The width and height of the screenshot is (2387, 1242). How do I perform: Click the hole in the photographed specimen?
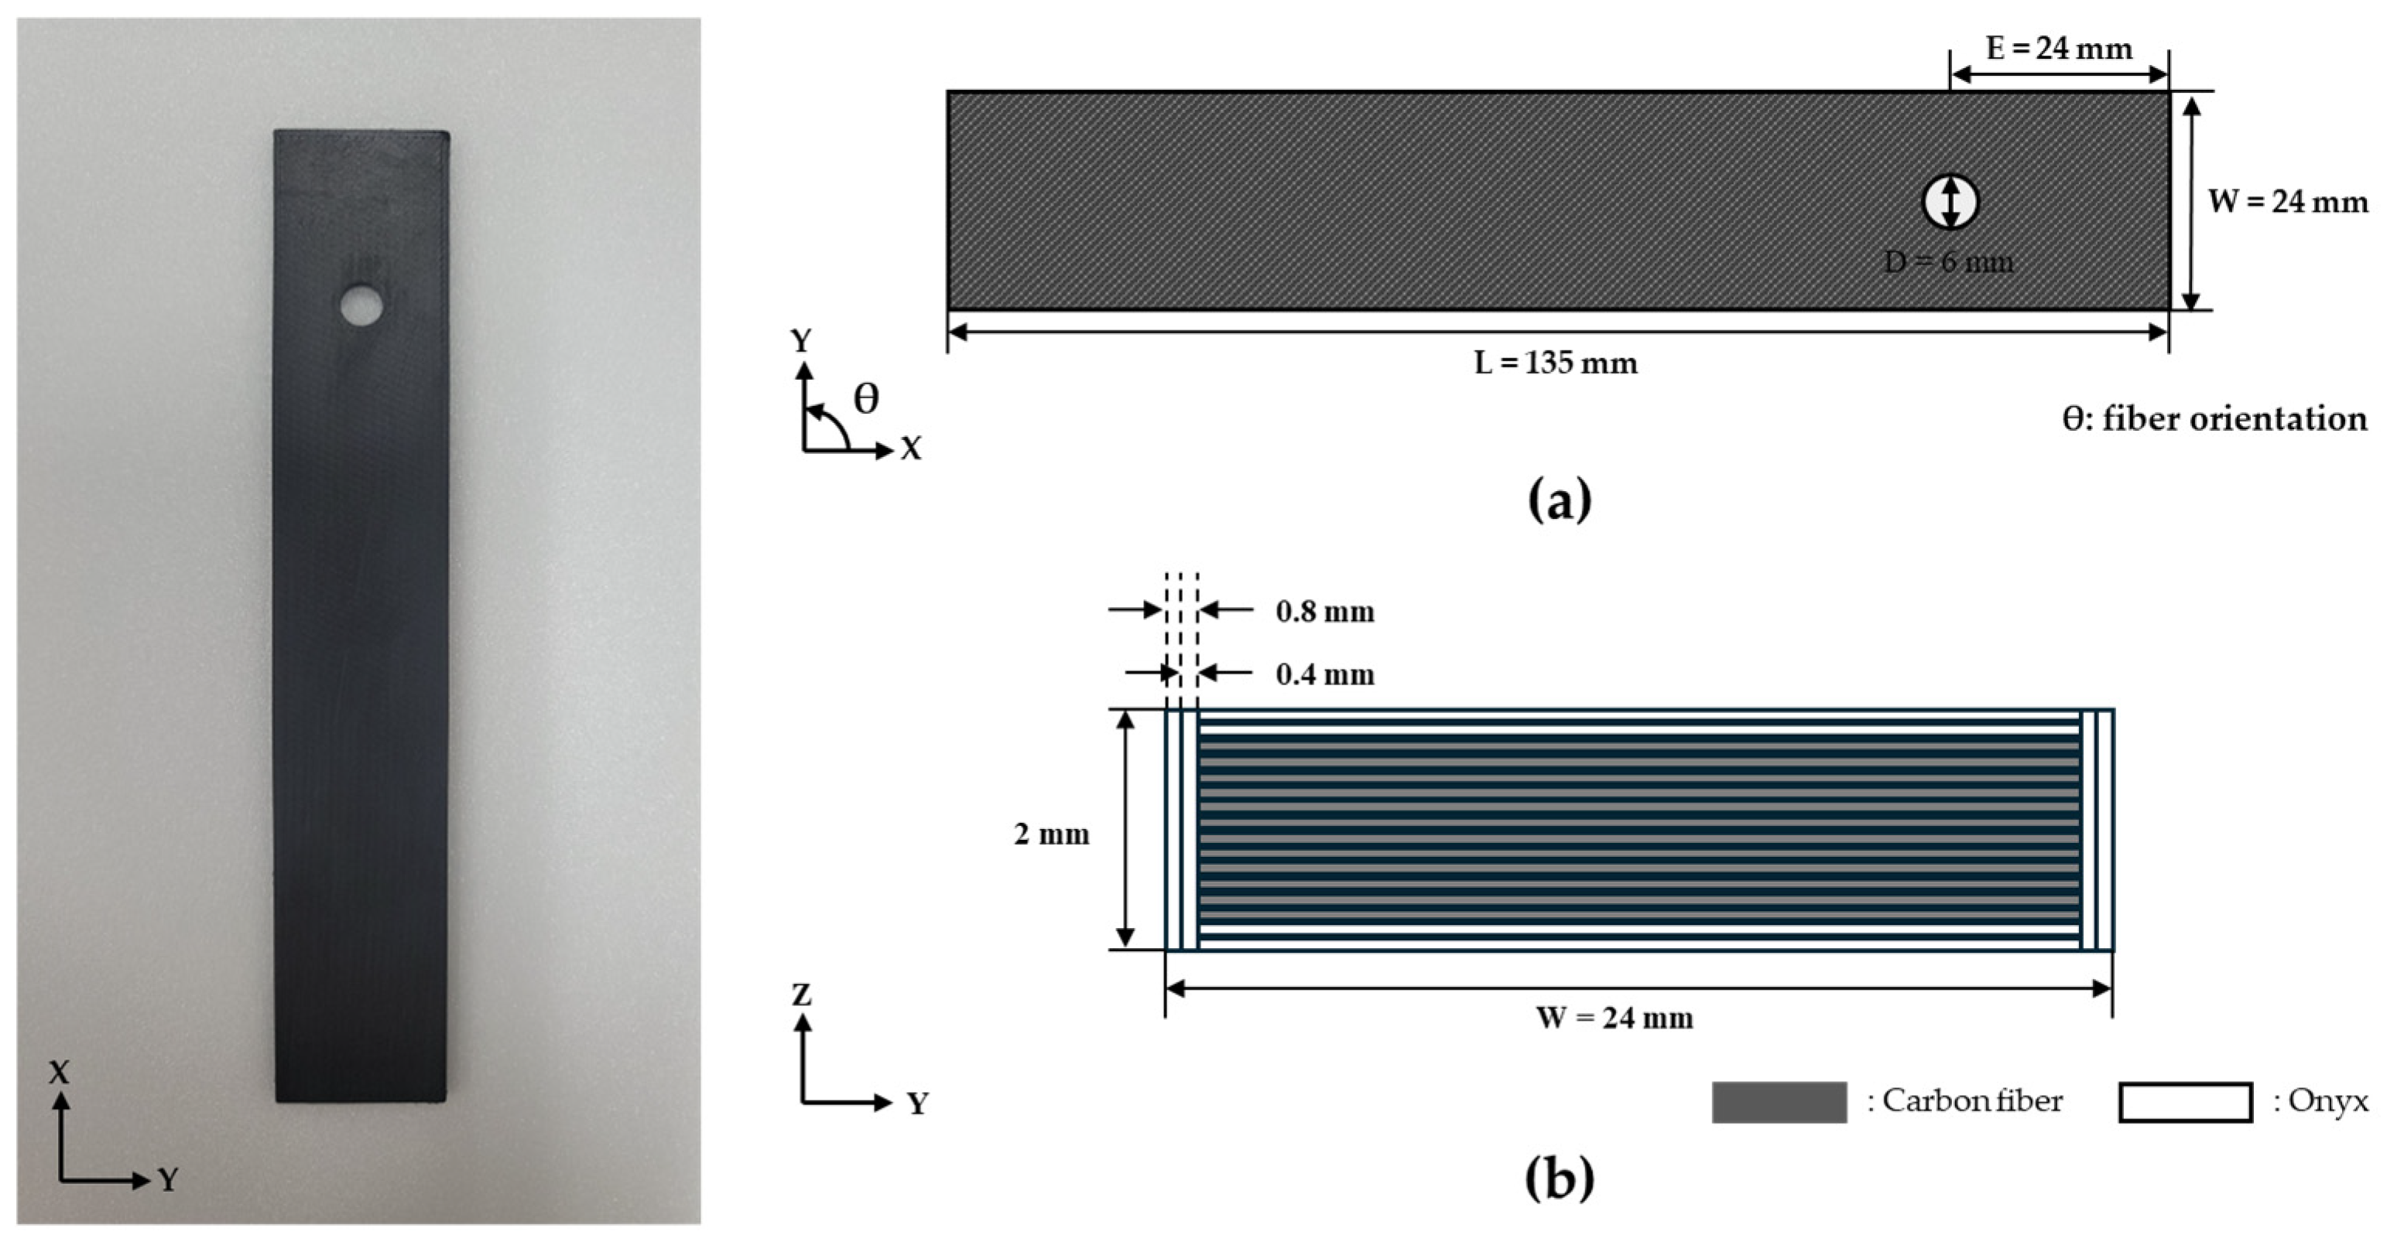point(361,305)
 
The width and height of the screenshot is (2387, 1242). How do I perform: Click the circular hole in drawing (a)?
point(1950,201)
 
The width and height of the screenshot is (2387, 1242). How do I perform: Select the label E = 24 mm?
point(2059,48)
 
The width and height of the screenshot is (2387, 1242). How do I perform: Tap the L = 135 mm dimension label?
point(1556,362)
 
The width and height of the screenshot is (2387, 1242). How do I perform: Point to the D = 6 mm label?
point(1949,262)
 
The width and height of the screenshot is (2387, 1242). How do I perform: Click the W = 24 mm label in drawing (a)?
point(2287,201)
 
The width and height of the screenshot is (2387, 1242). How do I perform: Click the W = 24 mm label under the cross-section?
point(1615,1018)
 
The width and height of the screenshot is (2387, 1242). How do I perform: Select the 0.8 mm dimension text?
point(1324,611)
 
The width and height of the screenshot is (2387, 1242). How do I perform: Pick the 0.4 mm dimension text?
point(1324,674)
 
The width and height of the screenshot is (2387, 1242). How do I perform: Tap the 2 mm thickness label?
point(1051,834)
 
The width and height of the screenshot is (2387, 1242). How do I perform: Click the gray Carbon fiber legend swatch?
point(1778,1102)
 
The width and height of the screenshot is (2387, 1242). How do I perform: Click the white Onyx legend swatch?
point(2185,1102)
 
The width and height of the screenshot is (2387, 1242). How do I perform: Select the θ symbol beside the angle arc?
point(865,399)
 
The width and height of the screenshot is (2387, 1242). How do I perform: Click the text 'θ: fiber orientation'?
point(2214,418)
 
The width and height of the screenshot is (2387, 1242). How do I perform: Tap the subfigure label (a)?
point(1559,500)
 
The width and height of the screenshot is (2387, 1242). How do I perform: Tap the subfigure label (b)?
point(1559,1178)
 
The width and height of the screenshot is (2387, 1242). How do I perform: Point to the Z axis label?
point(802,995)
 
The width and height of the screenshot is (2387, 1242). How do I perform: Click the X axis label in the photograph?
point(60,1073)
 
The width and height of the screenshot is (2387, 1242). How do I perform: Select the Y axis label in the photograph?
point(168,1179)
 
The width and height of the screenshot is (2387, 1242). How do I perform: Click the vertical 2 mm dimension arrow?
point(1125,830)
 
